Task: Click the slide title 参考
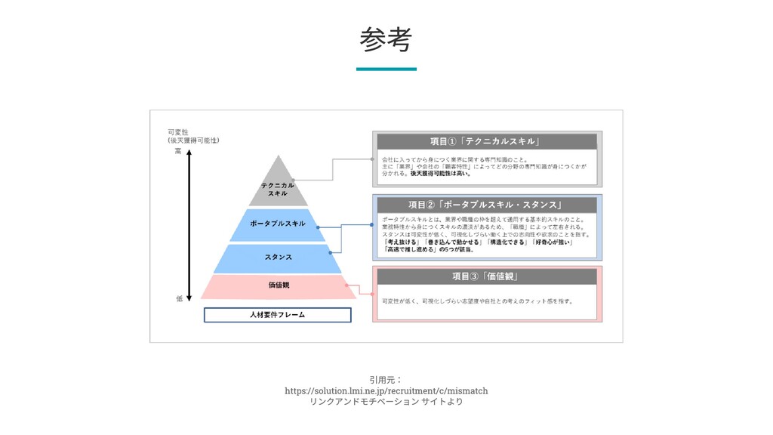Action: [386, 39]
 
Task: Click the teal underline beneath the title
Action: [386, 69]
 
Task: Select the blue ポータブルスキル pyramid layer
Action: [279, 224]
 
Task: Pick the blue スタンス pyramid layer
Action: [279, 258]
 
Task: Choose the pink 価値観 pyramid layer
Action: [279, 285]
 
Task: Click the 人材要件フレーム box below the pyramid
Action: [278, 314]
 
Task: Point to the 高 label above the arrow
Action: [178, 151]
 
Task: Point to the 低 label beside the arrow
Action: [179, 298]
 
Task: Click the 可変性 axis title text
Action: [177, 132]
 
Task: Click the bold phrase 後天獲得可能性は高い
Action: [440, 173]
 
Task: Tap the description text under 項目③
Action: [477, 301]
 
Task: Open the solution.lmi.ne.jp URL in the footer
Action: [386, 390]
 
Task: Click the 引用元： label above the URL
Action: [386, 379]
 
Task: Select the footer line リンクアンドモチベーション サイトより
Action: [386, 402]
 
